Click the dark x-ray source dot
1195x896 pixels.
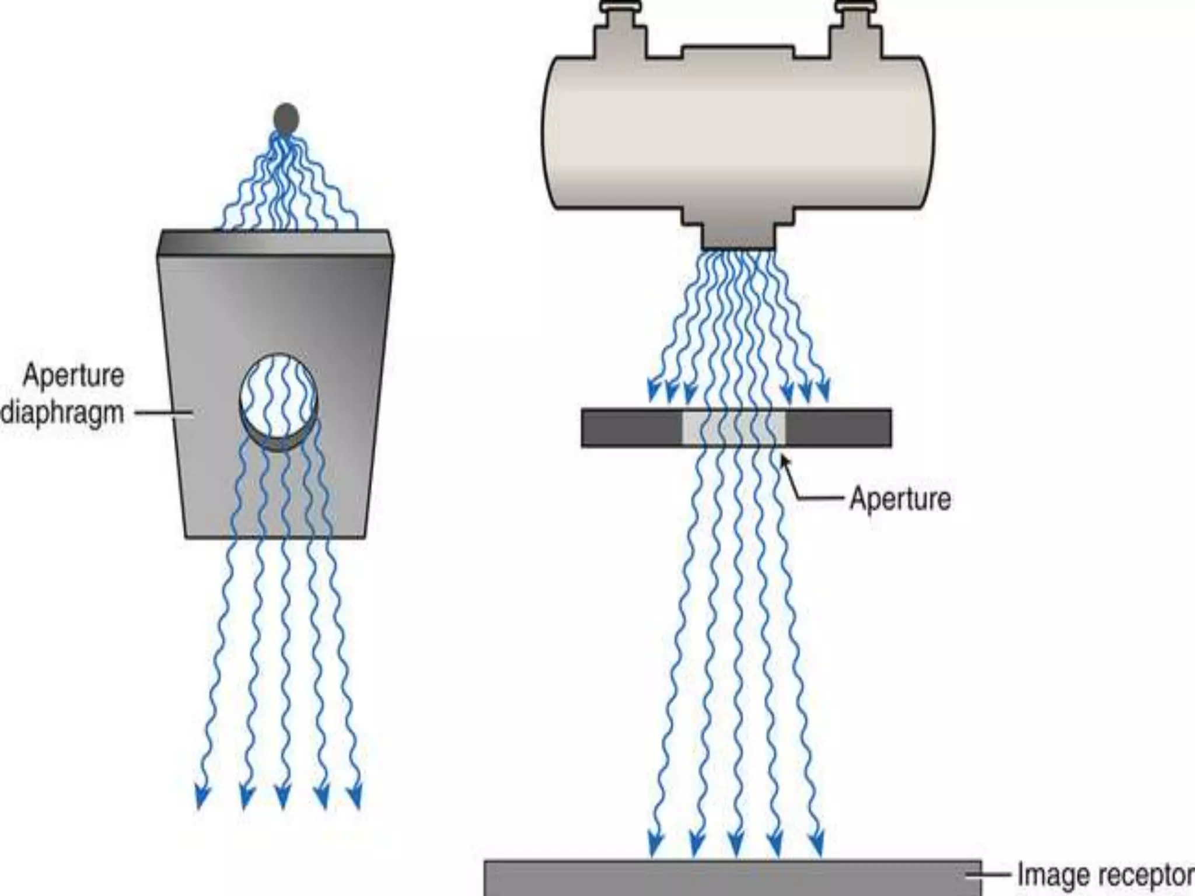pos(286,118)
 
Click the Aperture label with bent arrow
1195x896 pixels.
pos(900,499)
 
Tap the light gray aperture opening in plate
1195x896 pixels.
pos(734,427)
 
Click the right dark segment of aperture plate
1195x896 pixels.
pos(838,428)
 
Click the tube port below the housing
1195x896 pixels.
pos(738,233)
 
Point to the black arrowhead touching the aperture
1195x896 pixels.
pos(785,461)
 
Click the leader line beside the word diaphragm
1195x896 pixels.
pos(163,414)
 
